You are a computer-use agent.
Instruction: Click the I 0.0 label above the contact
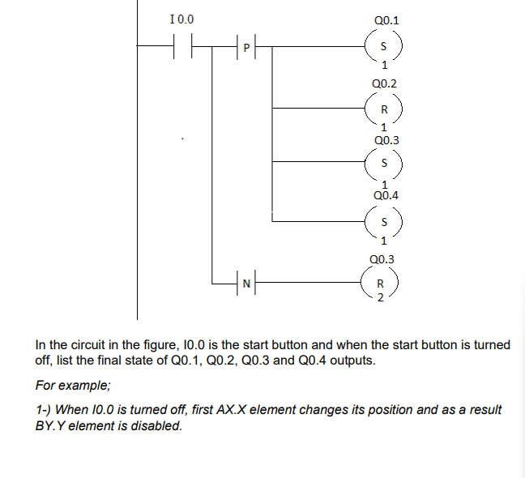[182, 19]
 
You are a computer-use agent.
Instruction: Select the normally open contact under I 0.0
[182, 48]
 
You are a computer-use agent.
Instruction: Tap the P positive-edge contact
[245, 48]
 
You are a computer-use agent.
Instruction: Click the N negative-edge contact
[245, 283]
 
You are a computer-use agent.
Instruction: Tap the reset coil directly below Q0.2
[384, 109]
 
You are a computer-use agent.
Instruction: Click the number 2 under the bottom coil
[379, 297]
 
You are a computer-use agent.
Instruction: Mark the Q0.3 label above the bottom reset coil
[381, 259]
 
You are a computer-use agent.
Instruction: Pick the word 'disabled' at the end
[158, 425]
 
